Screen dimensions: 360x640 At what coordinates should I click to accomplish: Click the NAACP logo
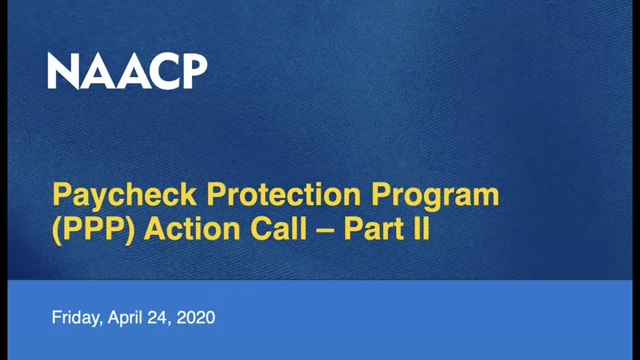click(127, 71)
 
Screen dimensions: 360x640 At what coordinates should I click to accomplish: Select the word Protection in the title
click(283, 195)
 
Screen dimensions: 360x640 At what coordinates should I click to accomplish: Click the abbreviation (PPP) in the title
click(93, 229)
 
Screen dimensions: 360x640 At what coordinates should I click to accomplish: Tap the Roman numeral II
click(423, 229)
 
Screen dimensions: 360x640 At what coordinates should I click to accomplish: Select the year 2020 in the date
click(196, 317)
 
